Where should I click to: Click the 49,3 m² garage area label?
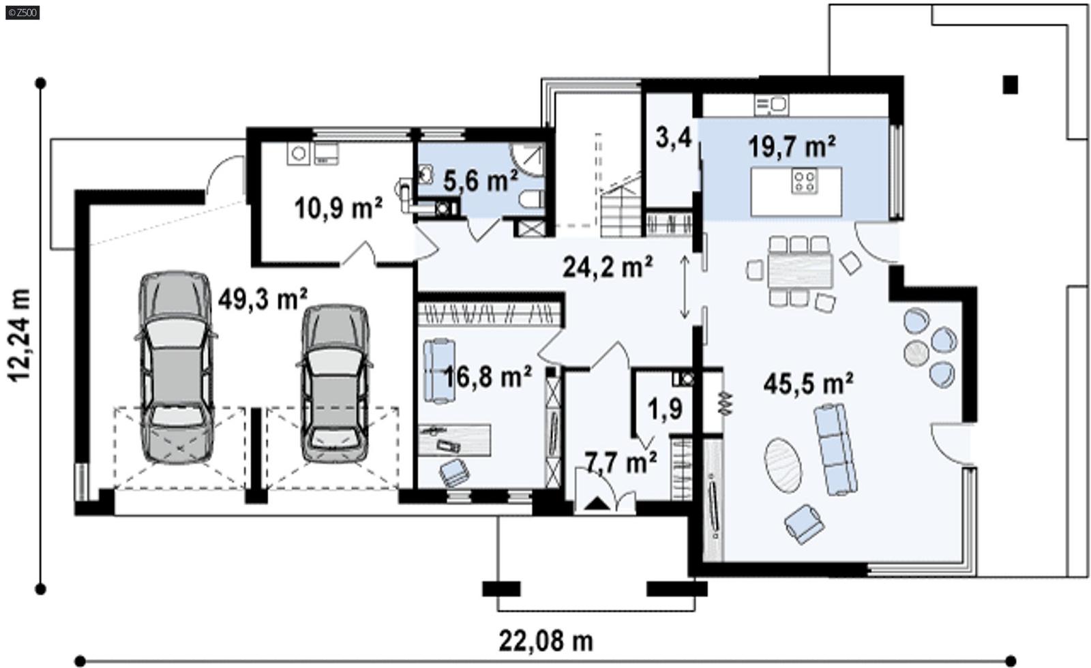coord(263,298)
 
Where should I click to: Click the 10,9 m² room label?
coord(338,207)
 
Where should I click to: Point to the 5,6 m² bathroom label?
coord(480,181)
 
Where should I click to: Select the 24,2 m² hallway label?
coord(608,267)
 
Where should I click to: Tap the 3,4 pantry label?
coord(673,138)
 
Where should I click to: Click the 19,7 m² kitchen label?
coord(792,146)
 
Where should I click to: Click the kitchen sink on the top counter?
coord(772,104)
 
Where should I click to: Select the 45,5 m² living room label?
coord(808,384)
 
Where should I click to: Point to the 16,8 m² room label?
coord(488,376)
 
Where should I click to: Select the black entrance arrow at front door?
coord(597,504)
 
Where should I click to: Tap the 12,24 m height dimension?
coord(21,334)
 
